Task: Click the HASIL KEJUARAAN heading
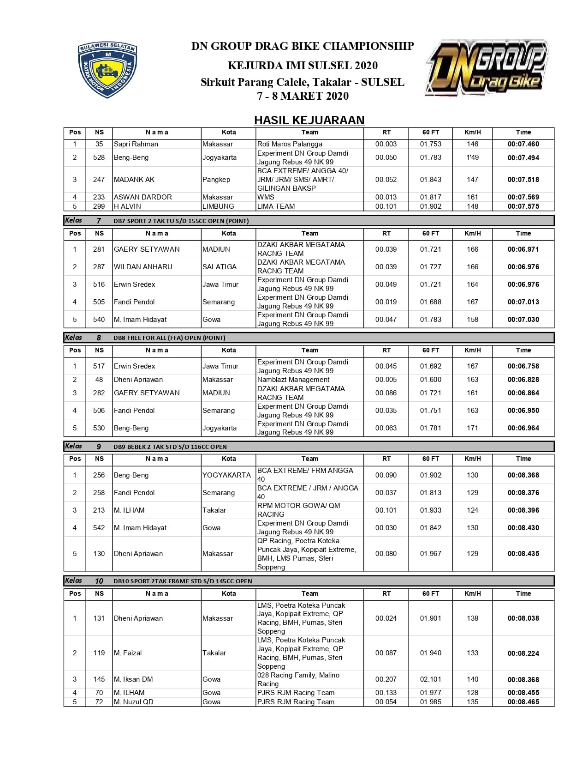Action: tap(309, 120)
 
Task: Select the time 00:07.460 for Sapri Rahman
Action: tap(523, 144)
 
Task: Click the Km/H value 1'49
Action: tap(472, 157)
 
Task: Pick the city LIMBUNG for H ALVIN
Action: tap(218, 206)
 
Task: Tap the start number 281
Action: tap(99, 249)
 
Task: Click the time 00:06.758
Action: tap(523, 366)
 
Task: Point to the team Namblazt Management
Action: tap(293, 380)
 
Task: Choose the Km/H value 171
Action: tap(472, 428)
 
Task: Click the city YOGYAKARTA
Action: tap(226, 475)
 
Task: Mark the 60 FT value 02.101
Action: tap(430, 679)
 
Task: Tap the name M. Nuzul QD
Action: tap(134, 702)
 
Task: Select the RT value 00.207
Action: tap(386, 679)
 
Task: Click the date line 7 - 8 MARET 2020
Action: tap(303, 96)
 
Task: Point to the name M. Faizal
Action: tap(128, 653)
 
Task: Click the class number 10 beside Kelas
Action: tap(99, 581)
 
